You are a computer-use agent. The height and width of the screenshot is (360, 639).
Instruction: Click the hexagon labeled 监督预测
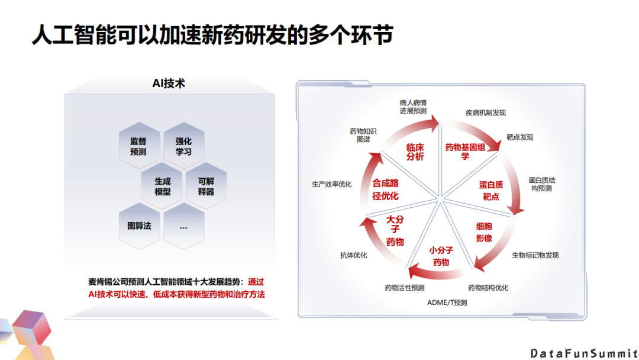tap(138, 146)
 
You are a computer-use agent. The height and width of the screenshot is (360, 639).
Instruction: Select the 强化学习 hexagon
tap(183, 146)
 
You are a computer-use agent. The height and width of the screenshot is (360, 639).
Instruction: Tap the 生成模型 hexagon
tap(162, 187)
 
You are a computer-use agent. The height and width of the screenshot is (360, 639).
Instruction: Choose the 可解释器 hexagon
tap(206, 187)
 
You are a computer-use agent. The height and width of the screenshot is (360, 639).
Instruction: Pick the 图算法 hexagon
tap(139, 226)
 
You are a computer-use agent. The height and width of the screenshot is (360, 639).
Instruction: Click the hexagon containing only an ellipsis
tap(183, 226)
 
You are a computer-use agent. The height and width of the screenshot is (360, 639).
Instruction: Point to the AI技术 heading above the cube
tap(169, 83)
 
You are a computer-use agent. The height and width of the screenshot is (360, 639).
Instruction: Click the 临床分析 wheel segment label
tap(415, 152)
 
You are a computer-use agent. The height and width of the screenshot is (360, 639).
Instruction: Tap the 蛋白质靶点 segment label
tap(491, 191)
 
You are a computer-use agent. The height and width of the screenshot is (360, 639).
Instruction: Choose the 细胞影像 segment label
tap(484, 232)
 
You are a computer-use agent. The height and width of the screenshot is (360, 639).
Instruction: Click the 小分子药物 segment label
tap(441, 256)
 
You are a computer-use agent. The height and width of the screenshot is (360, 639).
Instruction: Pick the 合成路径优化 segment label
tap(385, 189)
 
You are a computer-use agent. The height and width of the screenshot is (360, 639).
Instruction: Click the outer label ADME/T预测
tap(447, 303)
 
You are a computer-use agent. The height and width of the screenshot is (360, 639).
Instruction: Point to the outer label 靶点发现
tap(519, 137)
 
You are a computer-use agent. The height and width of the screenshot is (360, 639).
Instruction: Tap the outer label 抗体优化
tap(353, 255)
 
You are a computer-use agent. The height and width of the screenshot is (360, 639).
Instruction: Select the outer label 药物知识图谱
tap(363, 135)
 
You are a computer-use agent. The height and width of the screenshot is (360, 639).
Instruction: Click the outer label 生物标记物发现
tap(535, 255)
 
